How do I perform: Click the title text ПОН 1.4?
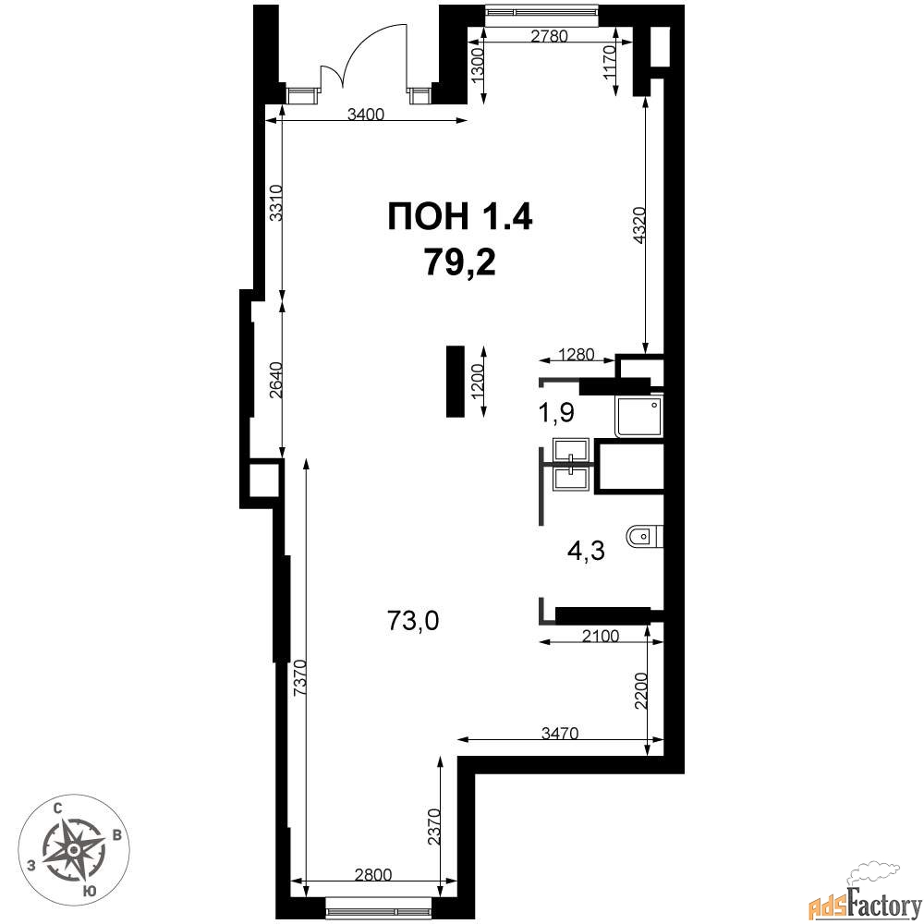(x=459, y=216)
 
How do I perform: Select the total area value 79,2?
(x=459, y=262)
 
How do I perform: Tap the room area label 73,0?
(x=413, y=621)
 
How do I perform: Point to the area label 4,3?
(x=587, y=553)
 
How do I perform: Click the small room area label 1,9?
(x=557, y=413)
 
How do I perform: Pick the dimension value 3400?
(x=365, y=114)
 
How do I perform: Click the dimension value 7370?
(x=299, y=679)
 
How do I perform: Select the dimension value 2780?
(x=549, y=36)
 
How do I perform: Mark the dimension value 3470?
(x=561, y=733)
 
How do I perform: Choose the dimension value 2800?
(x=373, y=874)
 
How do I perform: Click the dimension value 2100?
(x=601, y=636)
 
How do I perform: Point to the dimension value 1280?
(x=577, y=354)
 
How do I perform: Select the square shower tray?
(x=638, y=416)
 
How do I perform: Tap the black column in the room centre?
(x=456, y=382)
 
